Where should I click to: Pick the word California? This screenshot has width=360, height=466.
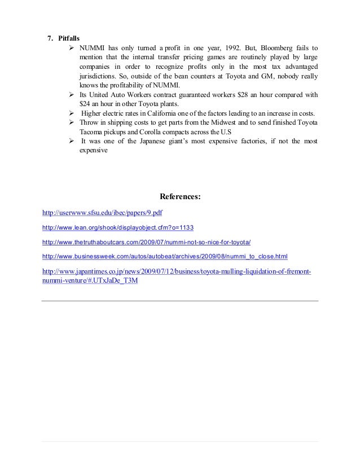click(x=155, y=113)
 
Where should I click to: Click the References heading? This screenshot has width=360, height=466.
click(x=180, y=197)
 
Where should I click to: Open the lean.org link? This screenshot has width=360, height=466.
click(x=118, y=228)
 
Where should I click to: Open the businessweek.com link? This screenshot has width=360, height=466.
click(x=165, y=257)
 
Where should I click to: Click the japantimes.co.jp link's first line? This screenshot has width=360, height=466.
click(x=177, y=271)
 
